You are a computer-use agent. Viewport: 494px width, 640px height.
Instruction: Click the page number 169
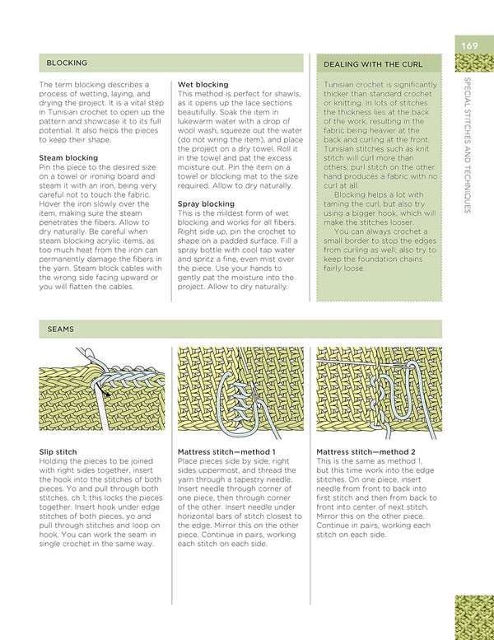pos(469,46)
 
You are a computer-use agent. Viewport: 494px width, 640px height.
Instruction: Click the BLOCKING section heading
pos(67,63)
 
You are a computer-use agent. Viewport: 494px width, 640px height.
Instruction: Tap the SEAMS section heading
pos(60,329)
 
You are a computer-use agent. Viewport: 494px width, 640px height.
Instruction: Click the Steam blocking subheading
pos(68,157)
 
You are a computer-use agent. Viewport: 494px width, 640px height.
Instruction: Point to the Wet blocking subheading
pos(203,85)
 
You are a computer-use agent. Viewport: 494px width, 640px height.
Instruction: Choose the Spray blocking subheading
pos(206,203)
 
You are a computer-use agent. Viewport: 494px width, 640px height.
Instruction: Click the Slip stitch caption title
pos(58,451)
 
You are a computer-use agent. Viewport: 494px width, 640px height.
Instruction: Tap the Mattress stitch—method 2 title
pos(366,451)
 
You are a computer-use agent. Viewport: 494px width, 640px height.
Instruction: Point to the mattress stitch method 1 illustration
pos(240,392)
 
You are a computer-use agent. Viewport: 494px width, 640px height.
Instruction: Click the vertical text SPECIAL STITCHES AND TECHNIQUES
pos(468,144)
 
